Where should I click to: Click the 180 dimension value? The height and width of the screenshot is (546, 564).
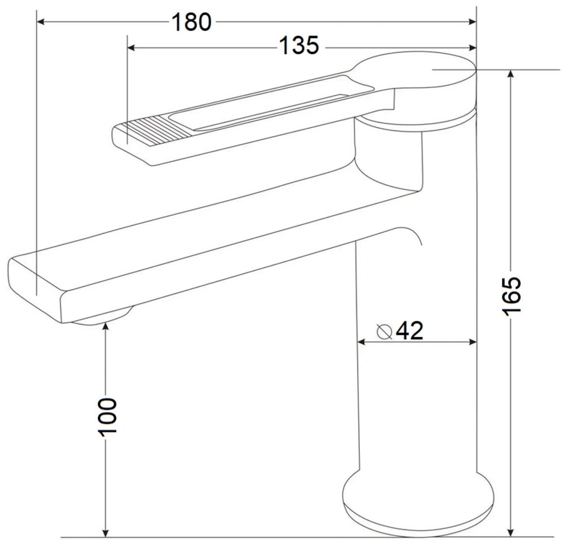pyautogui.click(x=191, y=23)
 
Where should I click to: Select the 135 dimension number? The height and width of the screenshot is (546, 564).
pyautogui.click(x=299, y=46)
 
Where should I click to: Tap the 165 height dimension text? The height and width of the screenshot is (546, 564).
pyautogui.click(x=511, y=296)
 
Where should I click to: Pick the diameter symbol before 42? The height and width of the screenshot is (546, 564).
pyautogui.click(x=385, y=331)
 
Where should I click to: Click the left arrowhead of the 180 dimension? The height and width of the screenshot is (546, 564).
pyautogui.click(x=41, y=22)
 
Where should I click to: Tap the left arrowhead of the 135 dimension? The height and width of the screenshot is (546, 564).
pyautogui.click(x=131, y=47)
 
